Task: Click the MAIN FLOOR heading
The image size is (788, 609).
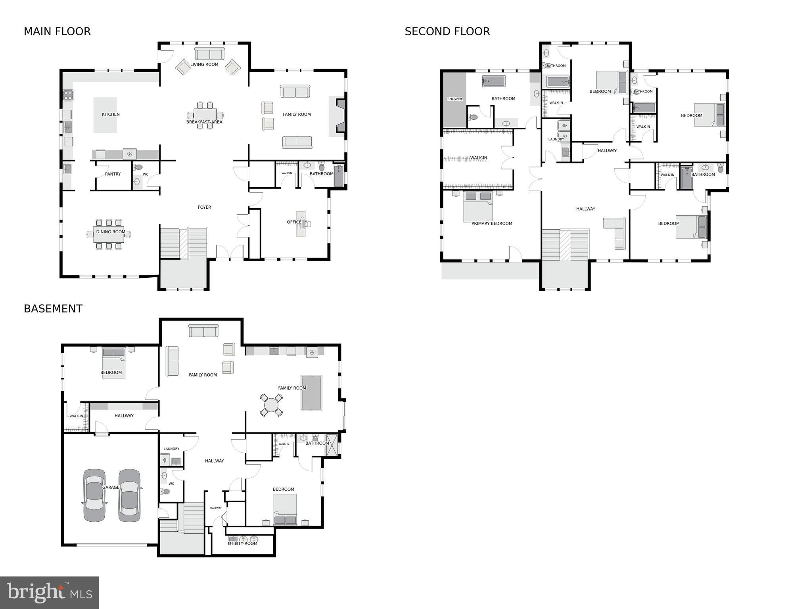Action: click(x=57, y=31)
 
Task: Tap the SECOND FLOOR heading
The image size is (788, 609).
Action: click(x=447, y=31)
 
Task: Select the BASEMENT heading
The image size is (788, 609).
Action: click(x=53, y=309)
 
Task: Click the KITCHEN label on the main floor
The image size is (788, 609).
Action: click(x=111, y=114)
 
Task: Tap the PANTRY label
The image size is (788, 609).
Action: click(x=113, y=174)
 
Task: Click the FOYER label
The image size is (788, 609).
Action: click(x=204, y=207)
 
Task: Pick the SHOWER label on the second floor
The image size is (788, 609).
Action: click(x=454, y=99)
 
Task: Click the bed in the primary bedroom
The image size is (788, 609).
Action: click(x=478, y=206)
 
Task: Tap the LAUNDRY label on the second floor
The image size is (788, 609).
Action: click(x=556, y=139)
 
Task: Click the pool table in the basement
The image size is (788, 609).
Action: click(x=311, y=393)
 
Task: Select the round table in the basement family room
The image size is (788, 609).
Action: click(x=271, y=405)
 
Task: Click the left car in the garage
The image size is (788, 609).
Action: click(x=94, y=495)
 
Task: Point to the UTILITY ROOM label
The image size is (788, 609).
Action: click(x=242, y=544)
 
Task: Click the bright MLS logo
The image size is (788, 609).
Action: click(x=49, y=592)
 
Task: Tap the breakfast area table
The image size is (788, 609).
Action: click(x=205, y=115)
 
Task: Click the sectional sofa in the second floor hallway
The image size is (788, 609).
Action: click(x=616, y=232)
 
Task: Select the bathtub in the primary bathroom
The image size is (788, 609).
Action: click(x=493, y=81)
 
